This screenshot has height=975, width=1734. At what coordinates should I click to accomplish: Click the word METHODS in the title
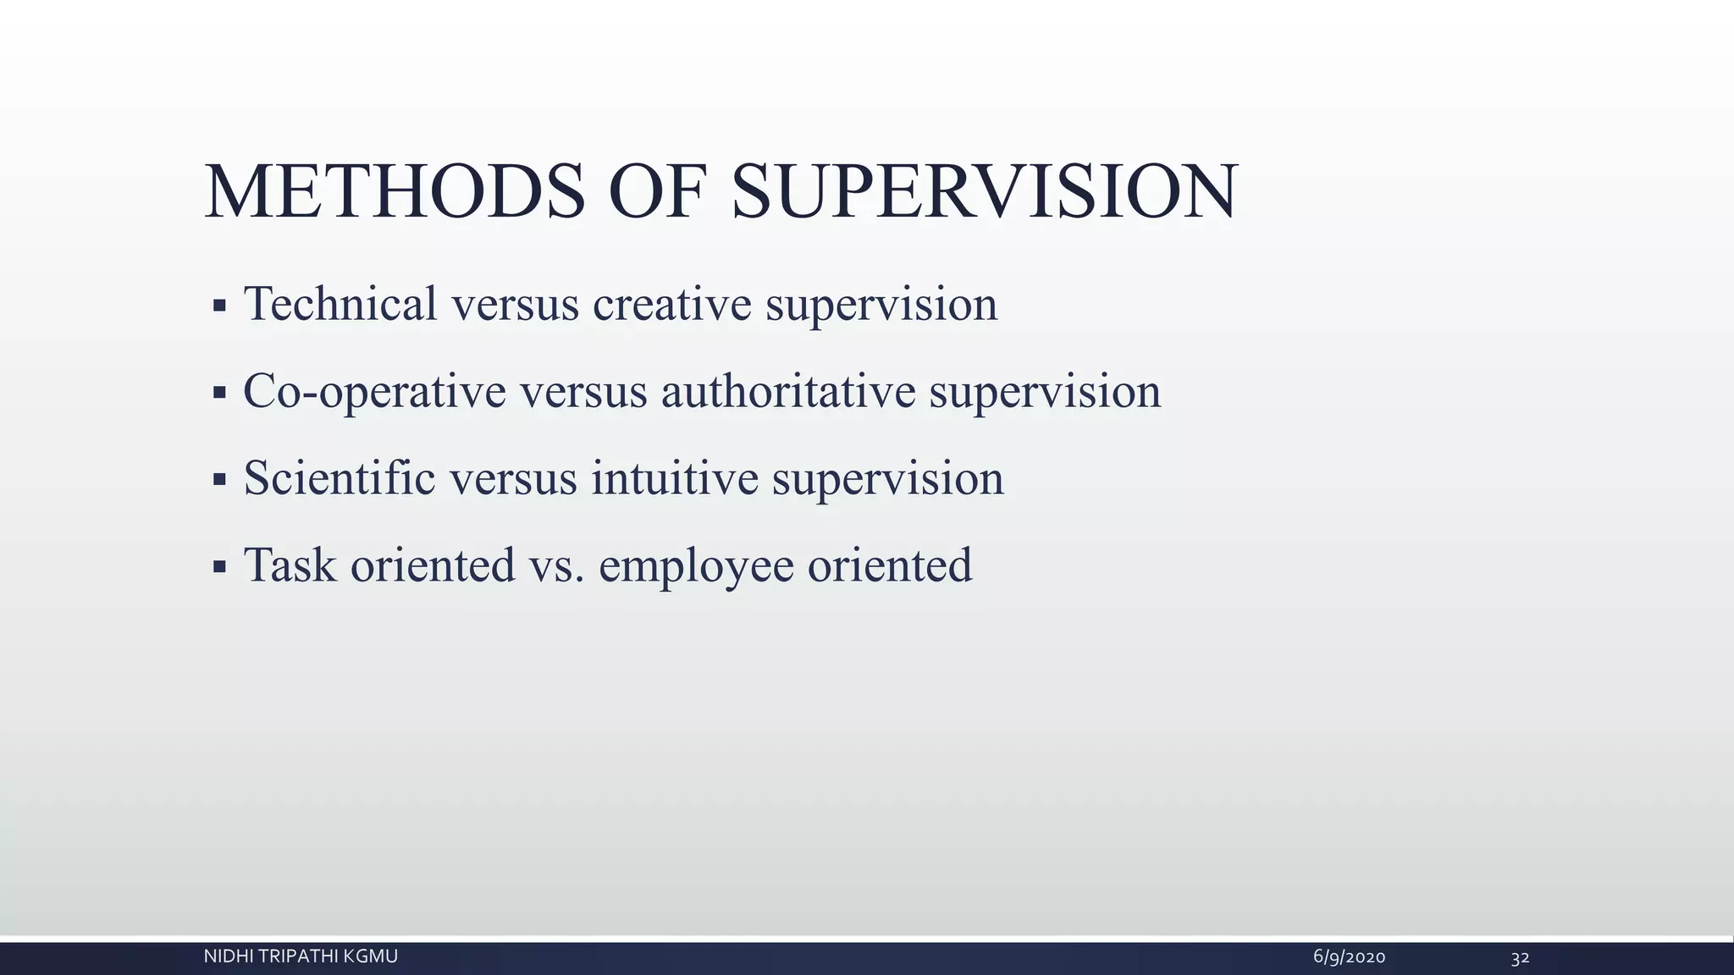[x=395, y=192]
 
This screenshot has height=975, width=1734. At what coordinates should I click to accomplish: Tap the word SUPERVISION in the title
[x=984, y=192]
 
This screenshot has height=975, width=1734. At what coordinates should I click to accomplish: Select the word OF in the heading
[x=657, y=192]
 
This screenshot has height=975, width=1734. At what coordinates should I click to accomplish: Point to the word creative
[x=671, y=305]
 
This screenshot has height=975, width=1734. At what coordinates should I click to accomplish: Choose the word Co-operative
[x=374, y=392]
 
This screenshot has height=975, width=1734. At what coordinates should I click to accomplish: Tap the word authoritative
[x=788, y=391]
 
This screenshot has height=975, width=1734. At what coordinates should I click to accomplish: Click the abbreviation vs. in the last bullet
[x=556, y=566]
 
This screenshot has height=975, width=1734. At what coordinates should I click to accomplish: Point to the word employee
[x=696, y=567]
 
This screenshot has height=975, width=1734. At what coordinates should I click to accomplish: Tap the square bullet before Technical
[x=219, y=306]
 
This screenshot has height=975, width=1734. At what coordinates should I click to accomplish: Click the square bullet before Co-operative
[x=219, y=393]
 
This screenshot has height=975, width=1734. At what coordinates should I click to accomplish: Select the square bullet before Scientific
[x=219, y=480]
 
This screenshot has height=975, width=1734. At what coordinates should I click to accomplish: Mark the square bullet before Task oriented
[x=219, y=567]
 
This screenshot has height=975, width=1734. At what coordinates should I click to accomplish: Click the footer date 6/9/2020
[x=1349, y=957]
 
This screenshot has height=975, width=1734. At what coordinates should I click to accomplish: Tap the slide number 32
[x=1520, y=958]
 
